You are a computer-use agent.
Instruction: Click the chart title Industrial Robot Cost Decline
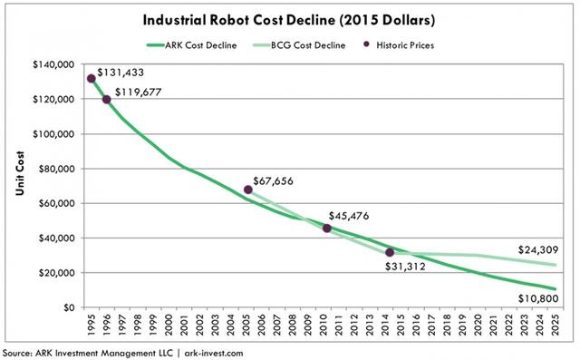[238, 20]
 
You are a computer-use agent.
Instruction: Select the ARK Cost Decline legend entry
[191, 45]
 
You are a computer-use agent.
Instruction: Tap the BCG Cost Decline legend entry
[299, 45]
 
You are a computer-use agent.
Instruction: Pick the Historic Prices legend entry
[399, 45]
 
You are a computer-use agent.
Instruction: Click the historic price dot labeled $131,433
[92, 78]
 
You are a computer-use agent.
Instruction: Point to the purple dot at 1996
[107, 99]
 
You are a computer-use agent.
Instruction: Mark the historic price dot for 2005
[248, 190]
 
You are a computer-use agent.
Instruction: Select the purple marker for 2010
[326, 229]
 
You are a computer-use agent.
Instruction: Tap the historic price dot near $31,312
[390, 252]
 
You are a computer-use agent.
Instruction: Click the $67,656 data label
[274, 181]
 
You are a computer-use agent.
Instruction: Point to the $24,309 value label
[538, 250]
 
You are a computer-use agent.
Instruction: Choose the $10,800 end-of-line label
[538, 298]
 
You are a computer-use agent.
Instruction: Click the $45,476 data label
[349, 216]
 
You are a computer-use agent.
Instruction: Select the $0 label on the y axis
[69, 307]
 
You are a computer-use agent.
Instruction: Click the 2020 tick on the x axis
[478, 325]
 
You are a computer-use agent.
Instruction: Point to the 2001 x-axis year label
[185, 325]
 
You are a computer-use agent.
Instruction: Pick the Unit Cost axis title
[20, 173]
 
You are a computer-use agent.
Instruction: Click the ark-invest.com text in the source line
[214, 353]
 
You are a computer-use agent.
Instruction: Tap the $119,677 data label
[139, 92]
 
